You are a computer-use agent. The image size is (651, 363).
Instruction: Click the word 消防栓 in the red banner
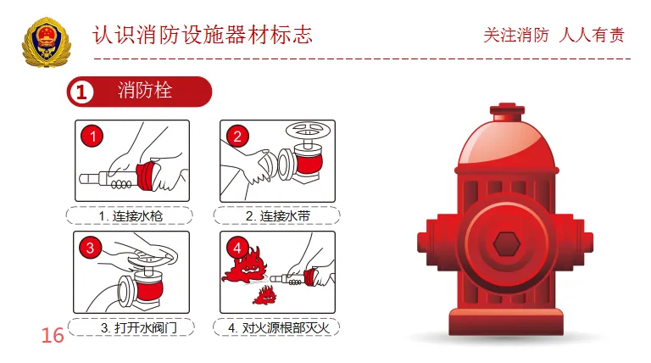[x=145, y=91]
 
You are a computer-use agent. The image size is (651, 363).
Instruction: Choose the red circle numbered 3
[x=92, y=248]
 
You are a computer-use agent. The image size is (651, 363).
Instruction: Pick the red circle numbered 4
[x=238, y=248]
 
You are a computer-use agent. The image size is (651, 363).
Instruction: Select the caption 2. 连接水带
[x=277, y=216]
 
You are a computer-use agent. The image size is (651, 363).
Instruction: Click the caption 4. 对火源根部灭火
[x=277, y=327]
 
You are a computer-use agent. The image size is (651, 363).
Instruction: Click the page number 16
[x=53, y=336]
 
